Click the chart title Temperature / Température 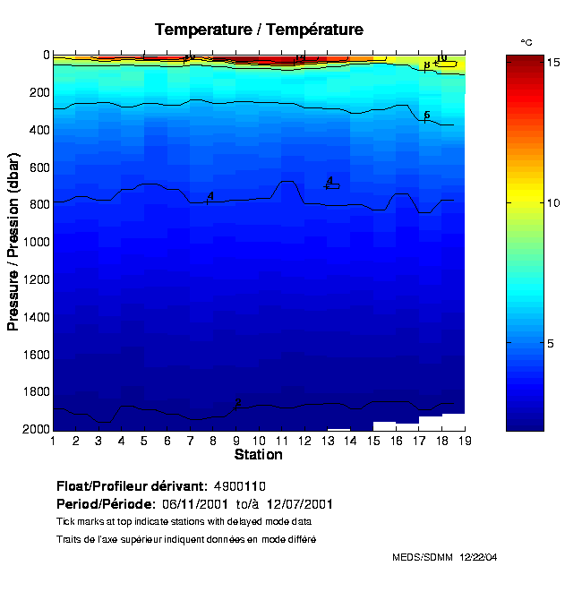pos(259,30)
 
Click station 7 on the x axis pos(190,441)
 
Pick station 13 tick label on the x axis pos(327,441)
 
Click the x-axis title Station pos(259,455)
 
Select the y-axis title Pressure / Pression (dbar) pos(13,242)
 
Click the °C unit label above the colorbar pos(526,42)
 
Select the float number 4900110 pos(240,486)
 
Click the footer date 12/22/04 pos(478,557)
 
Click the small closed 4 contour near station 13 pos(332,185)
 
